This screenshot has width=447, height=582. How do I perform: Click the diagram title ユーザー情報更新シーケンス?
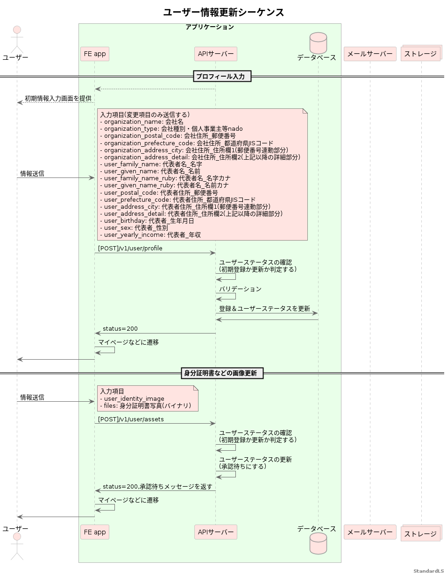[223, 13]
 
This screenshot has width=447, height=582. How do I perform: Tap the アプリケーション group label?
[209, 27]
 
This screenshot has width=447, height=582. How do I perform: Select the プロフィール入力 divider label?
[222, 76]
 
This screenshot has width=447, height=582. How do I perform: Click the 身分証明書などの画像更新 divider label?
[222, 373]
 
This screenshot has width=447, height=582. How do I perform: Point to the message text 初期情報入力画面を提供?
[58, 99]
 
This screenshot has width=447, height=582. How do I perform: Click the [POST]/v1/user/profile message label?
[130, 248]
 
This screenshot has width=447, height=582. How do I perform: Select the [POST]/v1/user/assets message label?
[131, 419]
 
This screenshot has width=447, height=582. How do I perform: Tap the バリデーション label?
[240, 289]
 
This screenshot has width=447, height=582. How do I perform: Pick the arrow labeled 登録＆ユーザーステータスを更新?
[267, 313]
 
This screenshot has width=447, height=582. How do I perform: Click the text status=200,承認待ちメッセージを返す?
[157, 487]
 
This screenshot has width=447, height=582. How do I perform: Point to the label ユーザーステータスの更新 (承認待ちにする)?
[255, 463]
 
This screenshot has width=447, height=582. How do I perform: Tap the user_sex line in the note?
[135, 228]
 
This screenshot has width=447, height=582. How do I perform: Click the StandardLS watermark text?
[428, 571]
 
